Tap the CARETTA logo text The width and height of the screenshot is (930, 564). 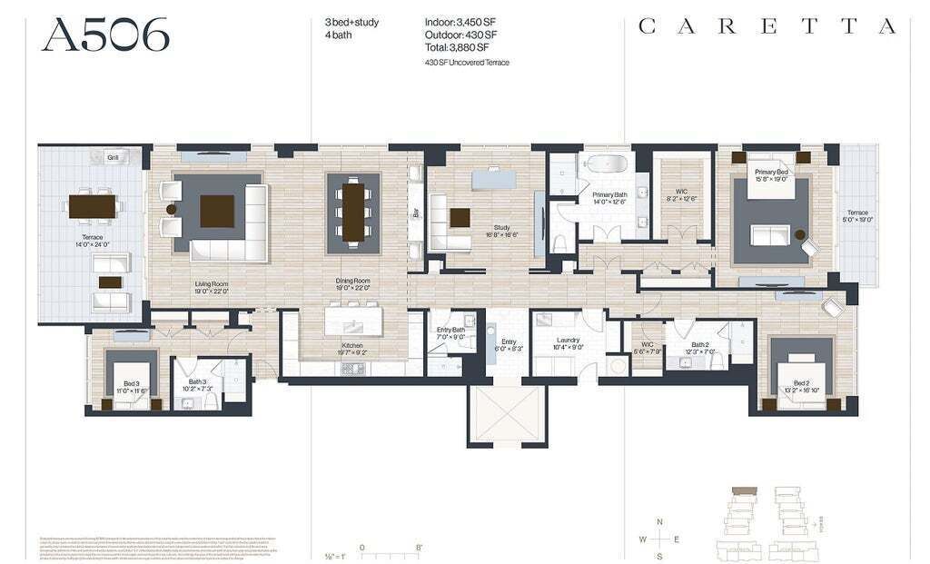click(767, 26)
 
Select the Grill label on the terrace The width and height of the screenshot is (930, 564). click(113, 157)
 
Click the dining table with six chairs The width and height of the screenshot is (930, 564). click(353, 212)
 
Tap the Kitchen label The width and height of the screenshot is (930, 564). click(353, 346)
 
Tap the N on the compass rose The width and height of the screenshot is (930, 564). click(660, 520)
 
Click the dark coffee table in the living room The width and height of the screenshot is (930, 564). click(217, 211)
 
